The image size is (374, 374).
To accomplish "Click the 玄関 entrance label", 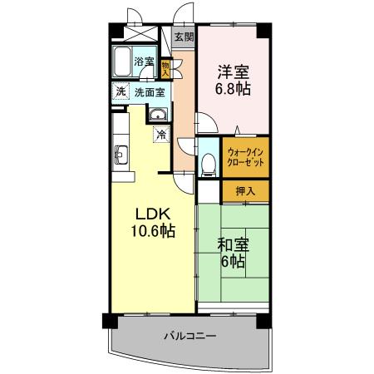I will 185,37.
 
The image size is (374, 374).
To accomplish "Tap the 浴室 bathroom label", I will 145,61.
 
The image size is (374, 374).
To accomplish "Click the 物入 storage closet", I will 165,66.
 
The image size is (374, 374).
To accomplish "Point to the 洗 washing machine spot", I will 120,91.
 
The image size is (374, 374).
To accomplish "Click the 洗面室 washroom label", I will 150,91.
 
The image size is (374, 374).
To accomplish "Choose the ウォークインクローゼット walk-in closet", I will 246,160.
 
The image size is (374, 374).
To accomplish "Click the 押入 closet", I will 246,190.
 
